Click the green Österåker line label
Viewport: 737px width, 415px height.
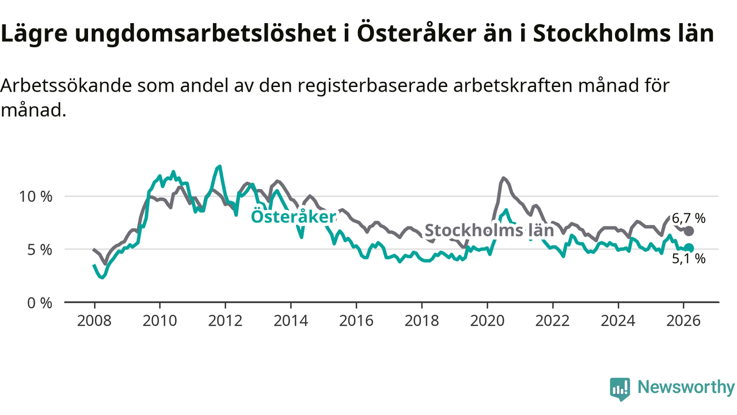tap(293, 217)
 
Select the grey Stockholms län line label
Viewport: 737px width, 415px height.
tap(489, 231)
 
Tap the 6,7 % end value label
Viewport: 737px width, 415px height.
tap(689, 218)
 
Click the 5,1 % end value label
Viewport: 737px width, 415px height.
tap(689, 259)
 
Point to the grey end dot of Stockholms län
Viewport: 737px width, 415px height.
tap(689, 231)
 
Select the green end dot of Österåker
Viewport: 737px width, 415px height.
tap(689, 248)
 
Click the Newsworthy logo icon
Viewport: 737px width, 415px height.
tap(620, 389)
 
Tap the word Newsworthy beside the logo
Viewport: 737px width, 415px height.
tap(685, 387)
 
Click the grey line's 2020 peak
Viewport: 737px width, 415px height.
tap(504, 178)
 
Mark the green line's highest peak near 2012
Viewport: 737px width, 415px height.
tap(219, 166)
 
